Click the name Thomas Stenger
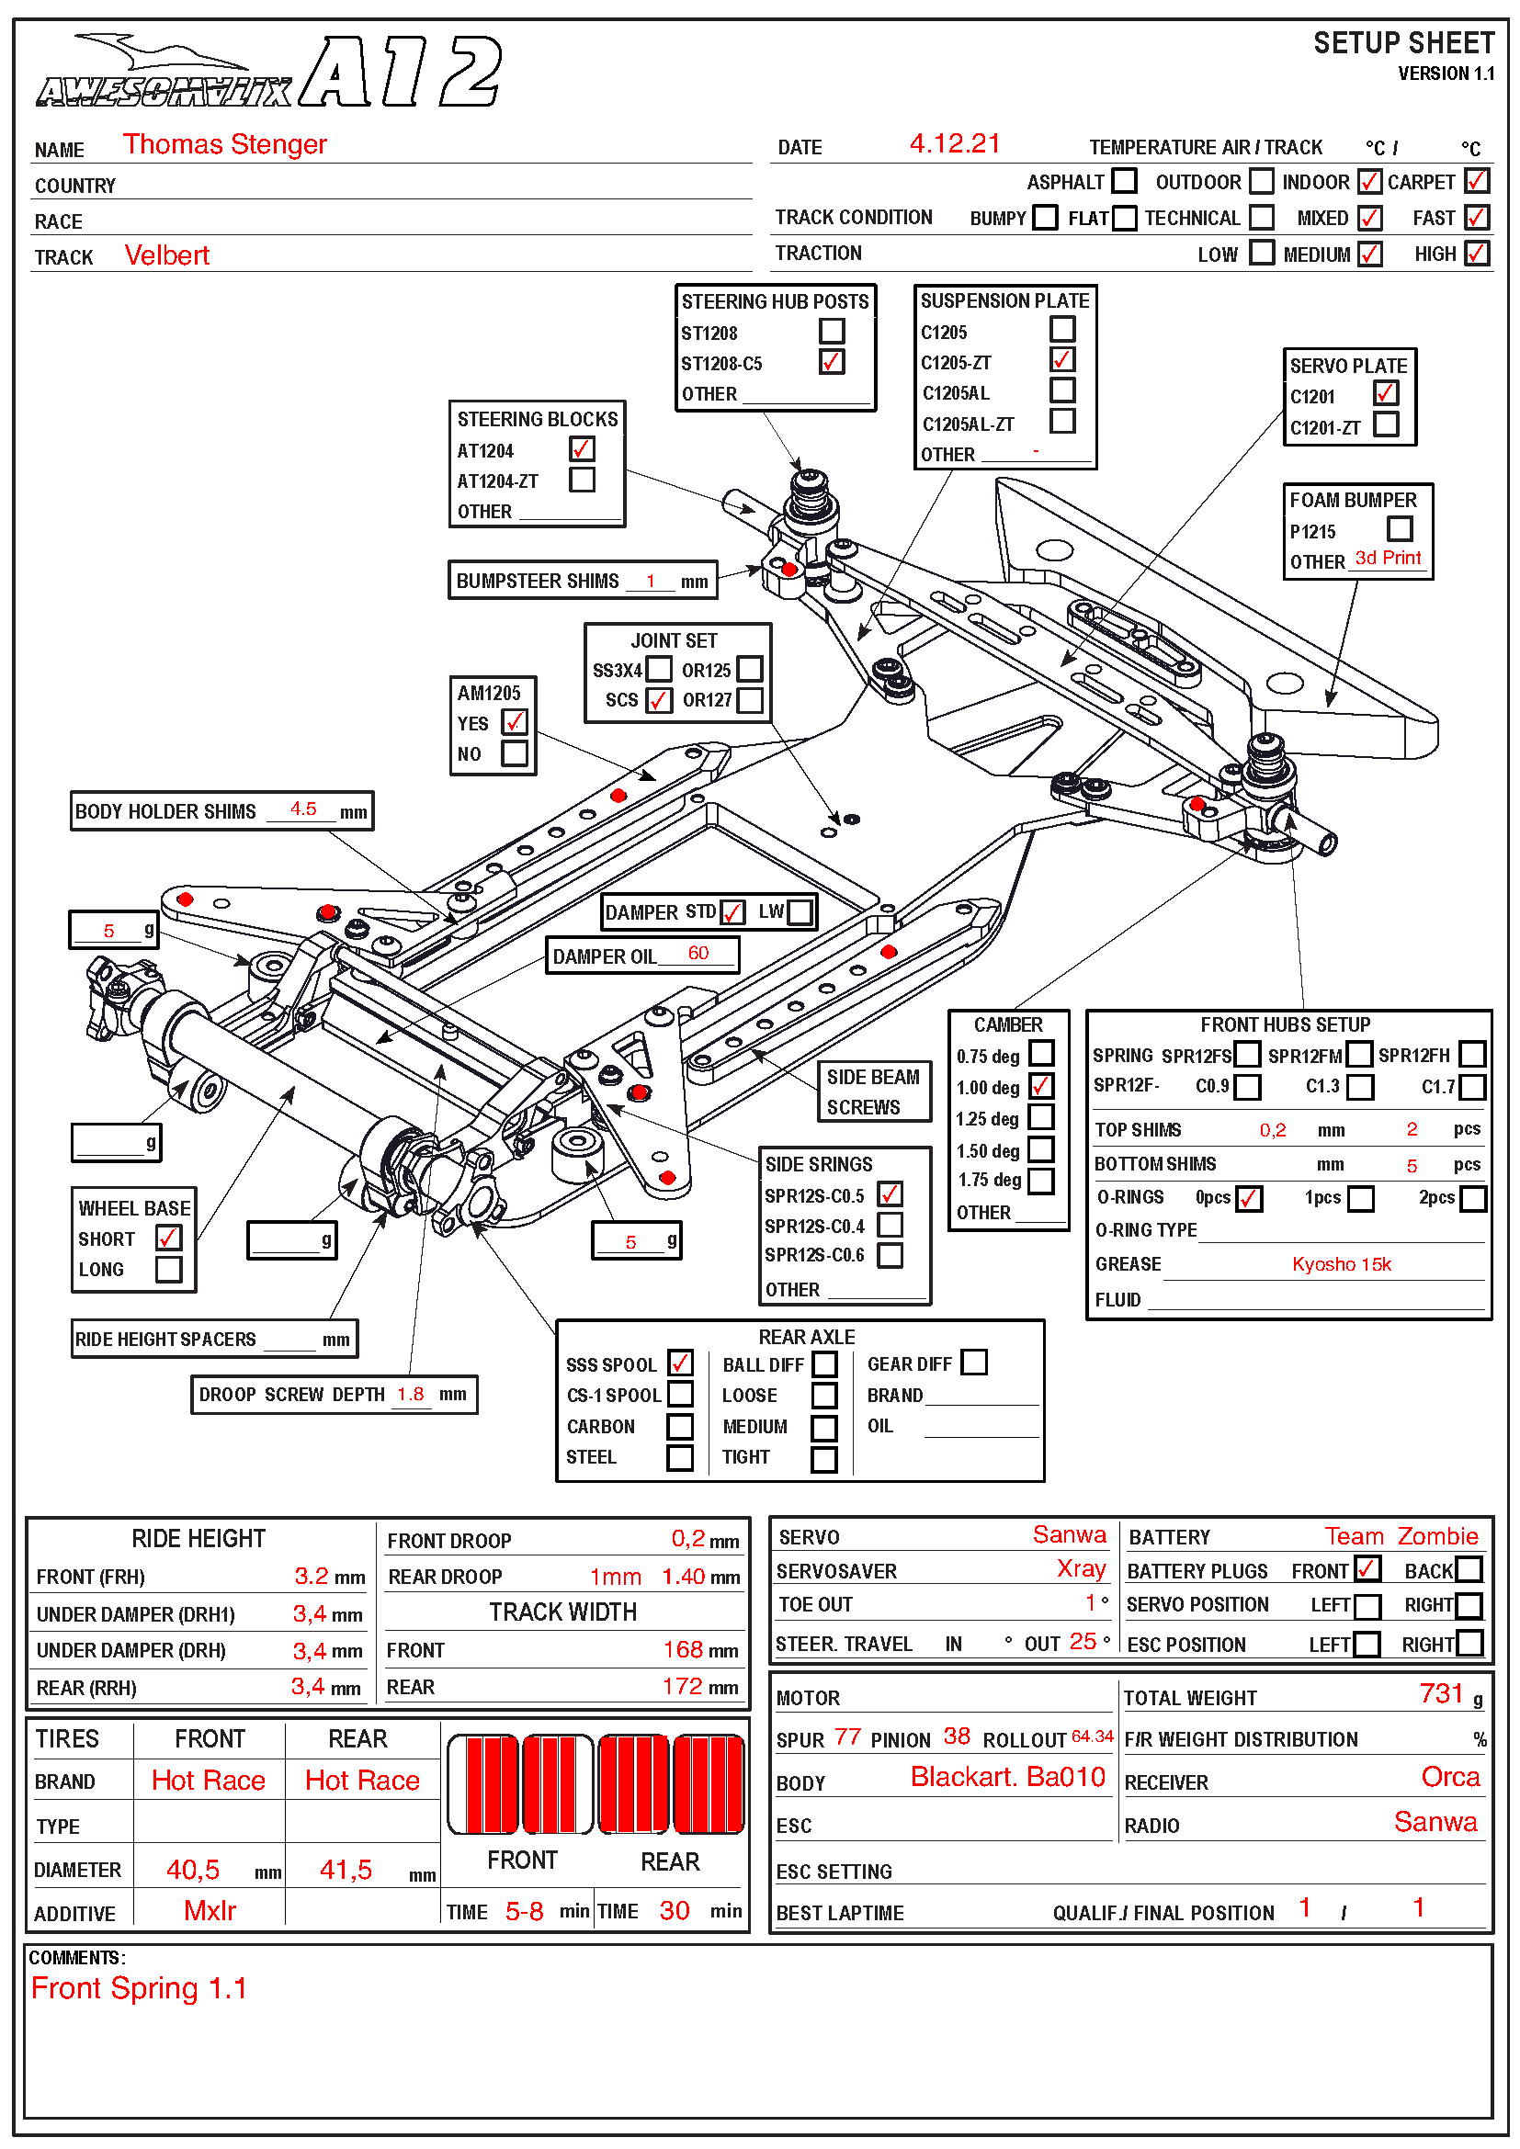coord(224,144)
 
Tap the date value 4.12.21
coord(954,143)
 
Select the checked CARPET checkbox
coord(1476,181)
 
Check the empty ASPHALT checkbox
coord(1124,181)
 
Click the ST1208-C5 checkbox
coord(831,362)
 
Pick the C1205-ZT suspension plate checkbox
coord(1061,360)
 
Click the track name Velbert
coord(166,255)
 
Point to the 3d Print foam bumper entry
coord(1387,559)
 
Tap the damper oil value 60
coord(698,953)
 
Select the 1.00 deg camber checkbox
coord(1041,1087)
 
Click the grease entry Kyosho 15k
coord(1340,1264)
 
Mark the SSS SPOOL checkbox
coord(680,1363)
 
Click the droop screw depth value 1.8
coord(410,1395)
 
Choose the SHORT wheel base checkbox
coord(168,1239)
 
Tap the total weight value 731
coord(1440,1693)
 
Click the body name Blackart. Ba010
coord(1007,1778)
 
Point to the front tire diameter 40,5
coord(193,1870)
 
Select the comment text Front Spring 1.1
coord(139,1988)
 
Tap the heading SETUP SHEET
coord(1403,43)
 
